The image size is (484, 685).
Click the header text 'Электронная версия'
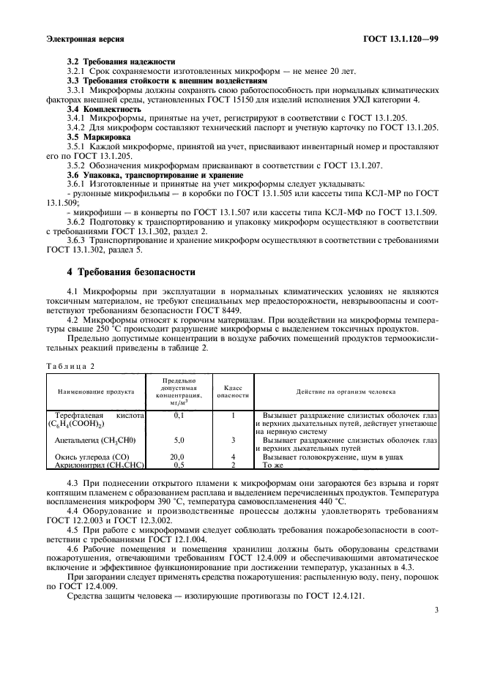tap(84, 38)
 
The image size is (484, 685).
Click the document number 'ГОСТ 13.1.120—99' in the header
tap(400, 38)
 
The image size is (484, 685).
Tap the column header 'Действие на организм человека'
tap(346, 392)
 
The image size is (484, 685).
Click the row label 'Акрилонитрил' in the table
tap(78, 465)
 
